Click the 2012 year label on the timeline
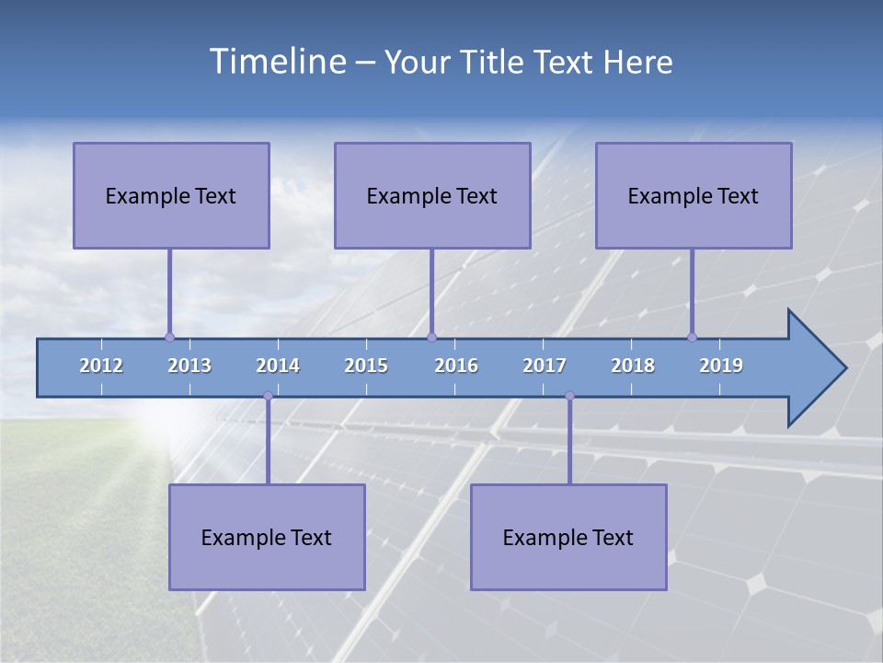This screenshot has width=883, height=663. click(x=101, y=366)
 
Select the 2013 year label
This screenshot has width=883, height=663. click(x=189, y=366)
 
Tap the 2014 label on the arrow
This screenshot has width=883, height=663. click(x=278, y=366)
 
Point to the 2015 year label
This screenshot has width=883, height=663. click(x=366, y=366)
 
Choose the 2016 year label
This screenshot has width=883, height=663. click(x=456, y=366)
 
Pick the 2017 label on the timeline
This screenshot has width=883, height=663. click(x=545, y=366)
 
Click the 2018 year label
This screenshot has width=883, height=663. click(x=633, y=366)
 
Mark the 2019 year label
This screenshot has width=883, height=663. click(x=721, y=366)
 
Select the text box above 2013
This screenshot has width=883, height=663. click(x=171, y=195)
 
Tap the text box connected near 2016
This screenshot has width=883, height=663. click(x=432, y=195)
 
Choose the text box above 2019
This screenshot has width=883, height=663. click(x=694, y=195)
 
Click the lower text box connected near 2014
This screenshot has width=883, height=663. click(x=267, y=537)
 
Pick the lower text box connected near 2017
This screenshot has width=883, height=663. click(x=568, y=537)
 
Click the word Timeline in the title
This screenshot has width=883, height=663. click(x=277, y=62)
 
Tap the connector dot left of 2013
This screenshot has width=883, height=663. click(x=169, y=337)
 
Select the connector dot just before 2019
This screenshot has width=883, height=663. click(x=692, y=337)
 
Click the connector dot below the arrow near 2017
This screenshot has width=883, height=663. click(x=569, y=396)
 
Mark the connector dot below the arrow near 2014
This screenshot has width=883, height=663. click(x=268, y=396)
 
